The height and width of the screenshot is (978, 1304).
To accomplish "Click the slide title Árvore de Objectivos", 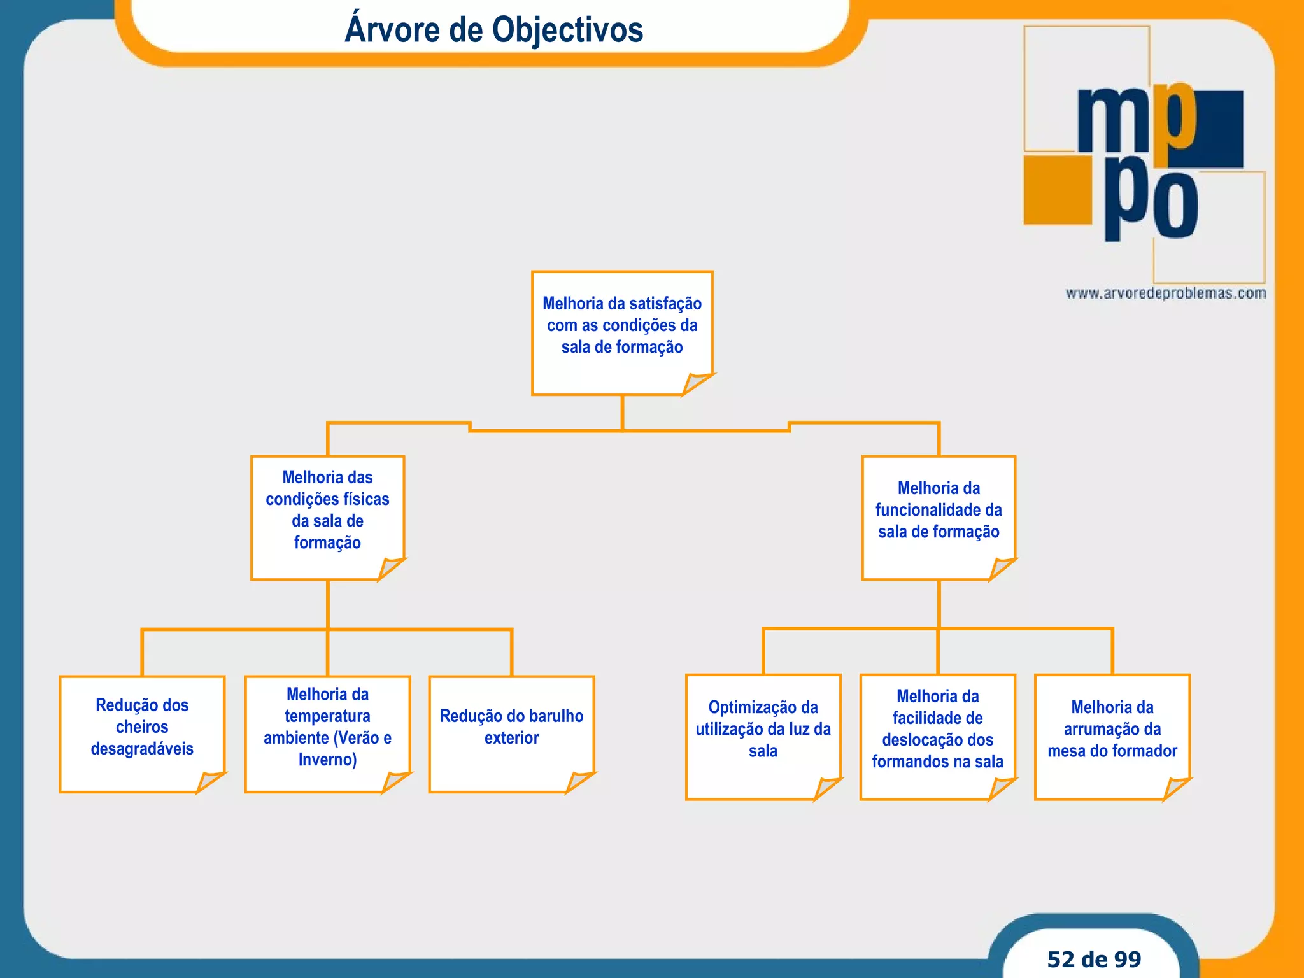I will [x=493, y=30].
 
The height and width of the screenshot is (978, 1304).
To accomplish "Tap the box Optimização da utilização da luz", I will [x=763, y=736].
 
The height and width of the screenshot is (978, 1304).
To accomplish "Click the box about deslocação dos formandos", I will [x=937, y=736].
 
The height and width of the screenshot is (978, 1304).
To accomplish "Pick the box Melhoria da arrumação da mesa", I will [x=1112, y=736].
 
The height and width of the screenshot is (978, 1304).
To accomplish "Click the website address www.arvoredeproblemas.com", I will [x=1165, y=294].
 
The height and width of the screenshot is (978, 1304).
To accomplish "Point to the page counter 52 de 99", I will [x=1094, y=959].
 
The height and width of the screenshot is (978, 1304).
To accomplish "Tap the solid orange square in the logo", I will [x=1057, y=190].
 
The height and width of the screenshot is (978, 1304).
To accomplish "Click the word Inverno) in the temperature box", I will [x=327, y=760].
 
